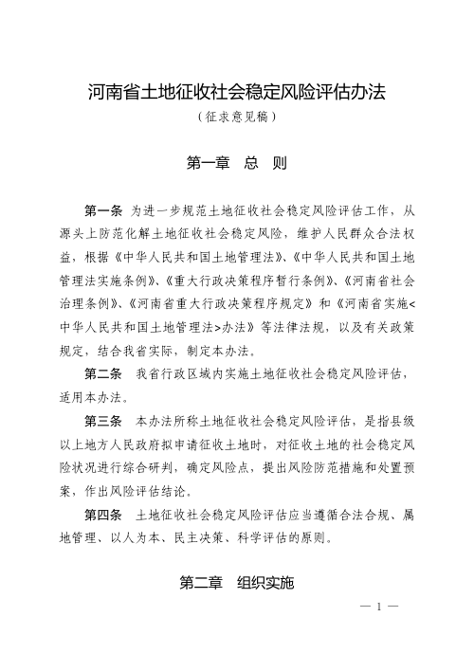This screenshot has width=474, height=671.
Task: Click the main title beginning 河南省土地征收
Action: click(x=237, y=94)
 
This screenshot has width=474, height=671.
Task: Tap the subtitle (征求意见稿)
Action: click(x=237, y=119)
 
